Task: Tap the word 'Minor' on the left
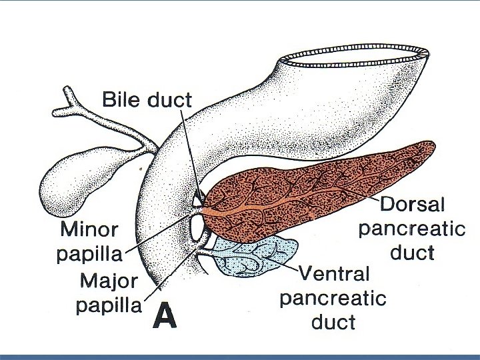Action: pyautogui.click(x=89, y=231)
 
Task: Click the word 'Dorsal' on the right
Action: pyautogui.click(x=411, y=204)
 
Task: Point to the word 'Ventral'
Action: pyautogui.click(x=333, y=273)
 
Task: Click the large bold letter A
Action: pyautogui.click(x=164, y=317)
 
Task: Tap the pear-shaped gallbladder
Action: pyautogui.click(x=80, y=175)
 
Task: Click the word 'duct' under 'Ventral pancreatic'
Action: pyautogui.click(x=333, y=323)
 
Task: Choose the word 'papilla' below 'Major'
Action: pyautogui.click(x=109, y=306)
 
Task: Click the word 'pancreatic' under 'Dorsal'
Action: pyautogui.click(x=411, y=229)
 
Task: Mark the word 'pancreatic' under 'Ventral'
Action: pyautogui.click(x=333, y=298)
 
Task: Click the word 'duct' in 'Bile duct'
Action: pyautogui.click(x=169, y=100)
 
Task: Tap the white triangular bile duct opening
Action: pyautogui.click(x=197, y=199)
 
